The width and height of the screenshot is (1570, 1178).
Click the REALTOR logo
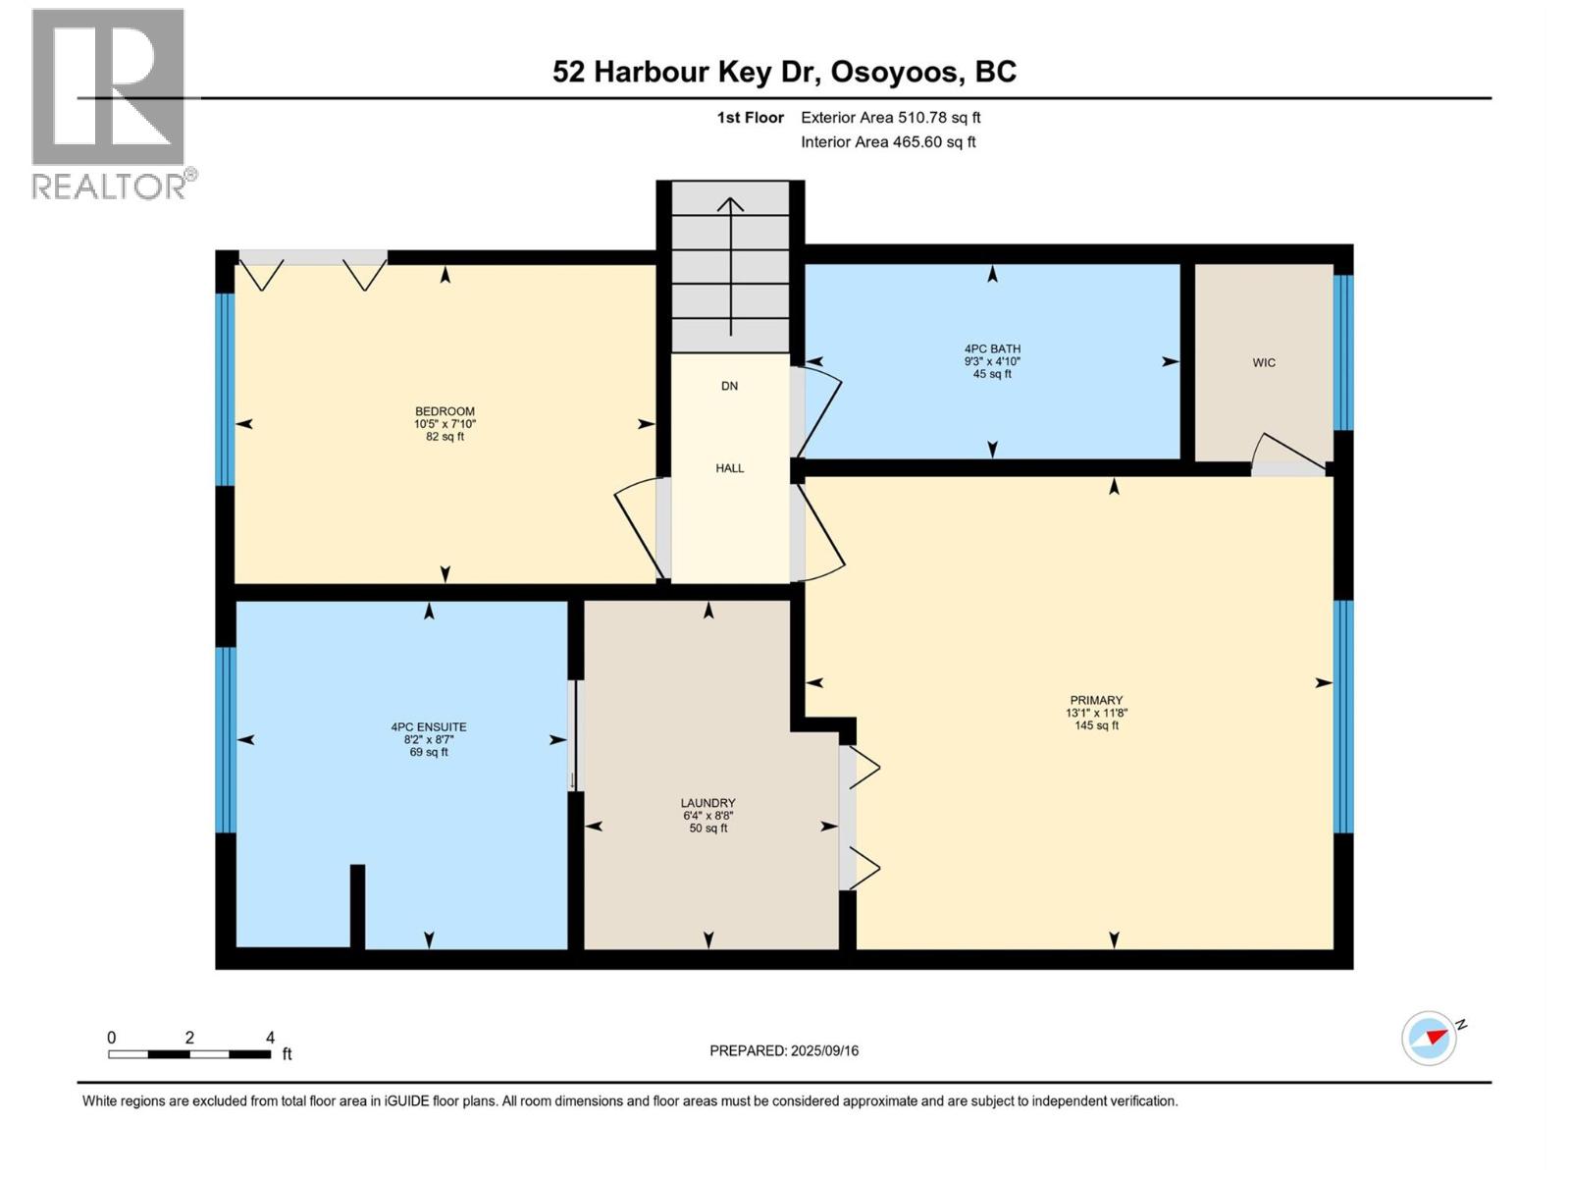click(108, 103)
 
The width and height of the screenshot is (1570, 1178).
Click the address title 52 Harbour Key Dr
click(784, 72)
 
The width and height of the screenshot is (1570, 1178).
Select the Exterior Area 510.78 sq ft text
click(890, 117)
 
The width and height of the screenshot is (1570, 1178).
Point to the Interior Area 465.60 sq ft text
click(888, 141)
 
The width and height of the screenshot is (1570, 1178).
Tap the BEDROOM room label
click(445, 412)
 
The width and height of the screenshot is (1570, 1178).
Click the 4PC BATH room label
click(992, 349)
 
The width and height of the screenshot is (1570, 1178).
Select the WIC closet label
click(1264, 362)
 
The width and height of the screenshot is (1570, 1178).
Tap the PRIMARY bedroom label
click(1096, 701)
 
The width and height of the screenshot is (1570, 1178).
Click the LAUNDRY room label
click(708, 803)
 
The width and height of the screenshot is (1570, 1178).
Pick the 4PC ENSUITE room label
click(429, 727)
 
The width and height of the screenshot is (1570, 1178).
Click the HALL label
click(729, 468)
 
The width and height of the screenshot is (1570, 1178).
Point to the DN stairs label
click(729, 386)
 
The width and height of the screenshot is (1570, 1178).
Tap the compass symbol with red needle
click(1430, 1038)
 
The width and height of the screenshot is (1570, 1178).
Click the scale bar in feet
click(189, 1053)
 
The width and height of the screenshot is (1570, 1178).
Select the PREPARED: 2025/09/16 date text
click(784, 1050)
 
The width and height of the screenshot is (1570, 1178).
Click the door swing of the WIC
click(1289, 452)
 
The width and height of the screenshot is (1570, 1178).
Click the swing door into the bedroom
click(638, 530)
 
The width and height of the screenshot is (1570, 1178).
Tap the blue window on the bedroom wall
click(225, 389)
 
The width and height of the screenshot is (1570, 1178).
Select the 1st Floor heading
click(750, 117)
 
